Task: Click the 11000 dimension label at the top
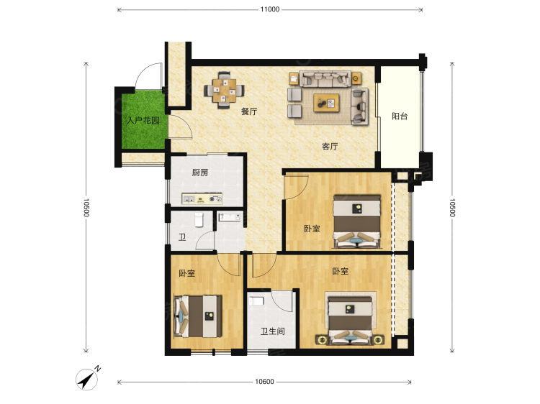[270, 9]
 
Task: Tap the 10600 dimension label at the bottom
[264, 381]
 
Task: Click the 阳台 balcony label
[400, 116]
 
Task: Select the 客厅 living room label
[330, 147]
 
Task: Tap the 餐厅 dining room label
[248, 111]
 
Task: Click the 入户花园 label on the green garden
[143, 120]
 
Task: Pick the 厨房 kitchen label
[199, 173]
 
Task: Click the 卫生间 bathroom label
[272, 331]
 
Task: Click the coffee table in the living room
[326, 103]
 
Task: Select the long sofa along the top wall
[325, 79]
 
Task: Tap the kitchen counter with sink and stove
[202, 198]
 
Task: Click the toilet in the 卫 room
[199, 220]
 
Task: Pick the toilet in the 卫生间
[256, 301]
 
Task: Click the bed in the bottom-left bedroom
[198, 316]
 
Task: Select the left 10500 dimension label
[86, 207]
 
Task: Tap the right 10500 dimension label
[452, 207]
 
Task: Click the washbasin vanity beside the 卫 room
[230, 216]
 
